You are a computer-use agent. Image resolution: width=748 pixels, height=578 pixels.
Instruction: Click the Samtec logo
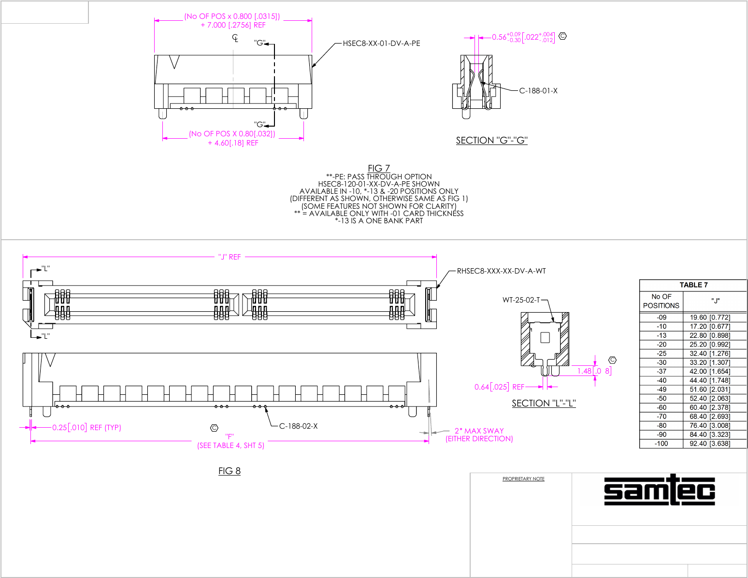tap(659, 490)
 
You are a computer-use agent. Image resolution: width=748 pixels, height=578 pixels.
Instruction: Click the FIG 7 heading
tap(379, 168)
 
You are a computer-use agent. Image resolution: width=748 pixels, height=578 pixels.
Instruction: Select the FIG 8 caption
tap(230, 471)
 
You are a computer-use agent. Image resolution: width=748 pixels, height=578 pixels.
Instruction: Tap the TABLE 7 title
tap(693, 285)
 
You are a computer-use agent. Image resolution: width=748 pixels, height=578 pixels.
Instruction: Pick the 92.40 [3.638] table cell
tap(710, 444)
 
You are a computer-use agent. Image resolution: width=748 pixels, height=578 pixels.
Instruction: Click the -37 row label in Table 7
tap(662, 372)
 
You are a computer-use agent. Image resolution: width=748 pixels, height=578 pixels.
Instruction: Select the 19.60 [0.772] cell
tap(710, 318)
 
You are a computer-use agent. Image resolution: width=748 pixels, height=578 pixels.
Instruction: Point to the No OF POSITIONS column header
tap(661, 301)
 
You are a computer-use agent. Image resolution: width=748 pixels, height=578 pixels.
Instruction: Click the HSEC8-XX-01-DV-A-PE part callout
tap(381, 43)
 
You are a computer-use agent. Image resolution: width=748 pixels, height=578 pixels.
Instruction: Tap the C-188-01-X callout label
tap(538, 91)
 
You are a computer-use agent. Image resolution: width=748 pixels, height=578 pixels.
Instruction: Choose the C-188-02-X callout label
tap(299, 426)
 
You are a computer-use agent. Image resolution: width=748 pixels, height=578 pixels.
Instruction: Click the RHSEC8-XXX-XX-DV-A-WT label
tap(501, 271)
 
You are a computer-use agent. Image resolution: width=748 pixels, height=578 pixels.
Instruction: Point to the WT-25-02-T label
tap(521, 300)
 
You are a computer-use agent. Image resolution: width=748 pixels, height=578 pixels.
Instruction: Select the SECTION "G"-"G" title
tap(491, 140)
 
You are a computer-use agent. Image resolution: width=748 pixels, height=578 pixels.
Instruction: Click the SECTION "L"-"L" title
tap(544, 403)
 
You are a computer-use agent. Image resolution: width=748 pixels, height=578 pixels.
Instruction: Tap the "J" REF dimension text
tap(230, 257)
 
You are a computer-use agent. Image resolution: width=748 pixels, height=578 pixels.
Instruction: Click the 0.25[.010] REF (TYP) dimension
tap(87, 428)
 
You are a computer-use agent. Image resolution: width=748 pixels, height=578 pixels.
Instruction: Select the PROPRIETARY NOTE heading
tap(523, 479)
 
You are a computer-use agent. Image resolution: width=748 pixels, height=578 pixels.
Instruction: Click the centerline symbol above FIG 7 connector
tap(235, 38)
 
